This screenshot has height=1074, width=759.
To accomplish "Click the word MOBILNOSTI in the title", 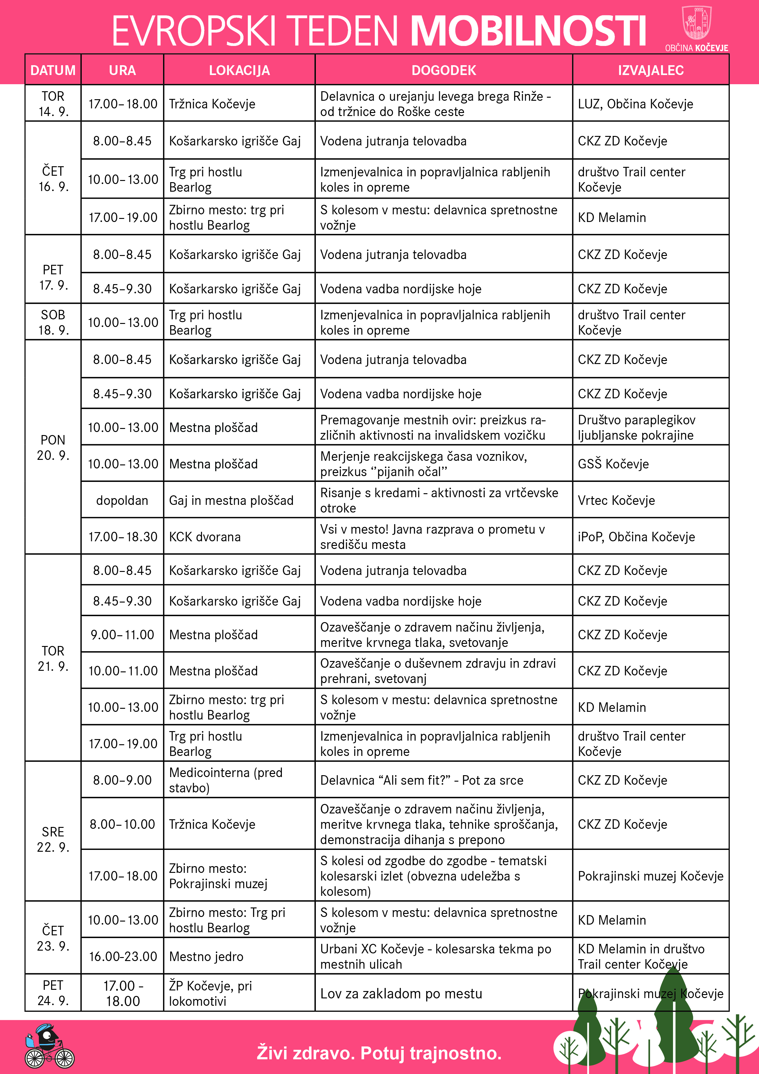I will (x=529, y=31).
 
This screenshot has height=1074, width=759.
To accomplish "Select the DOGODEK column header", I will (x=443, y=70).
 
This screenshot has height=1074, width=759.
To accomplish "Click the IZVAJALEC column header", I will (x=650, y=70).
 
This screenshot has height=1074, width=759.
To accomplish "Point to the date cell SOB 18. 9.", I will (x=53, y=322).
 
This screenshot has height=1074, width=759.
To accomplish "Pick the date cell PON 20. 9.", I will (x=53, y=447).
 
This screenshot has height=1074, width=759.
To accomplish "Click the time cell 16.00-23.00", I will (x=122, y=956).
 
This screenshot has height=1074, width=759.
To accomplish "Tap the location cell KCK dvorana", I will (x=205, y=536).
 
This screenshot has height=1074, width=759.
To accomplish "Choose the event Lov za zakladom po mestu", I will (x=401, y=993).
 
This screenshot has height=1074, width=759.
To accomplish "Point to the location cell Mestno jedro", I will (x=206, y=956).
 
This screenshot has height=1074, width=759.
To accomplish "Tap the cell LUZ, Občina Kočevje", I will (x=635, y=104).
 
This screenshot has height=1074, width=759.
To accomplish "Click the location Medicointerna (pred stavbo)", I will (x=226, y=780).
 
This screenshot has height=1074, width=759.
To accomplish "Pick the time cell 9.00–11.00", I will (x=122, y=635).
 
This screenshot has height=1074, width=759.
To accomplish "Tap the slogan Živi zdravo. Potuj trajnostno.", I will (x=379, y=1053).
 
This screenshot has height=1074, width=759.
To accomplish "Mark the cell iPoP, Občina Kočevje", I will (x=636, y=536).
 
